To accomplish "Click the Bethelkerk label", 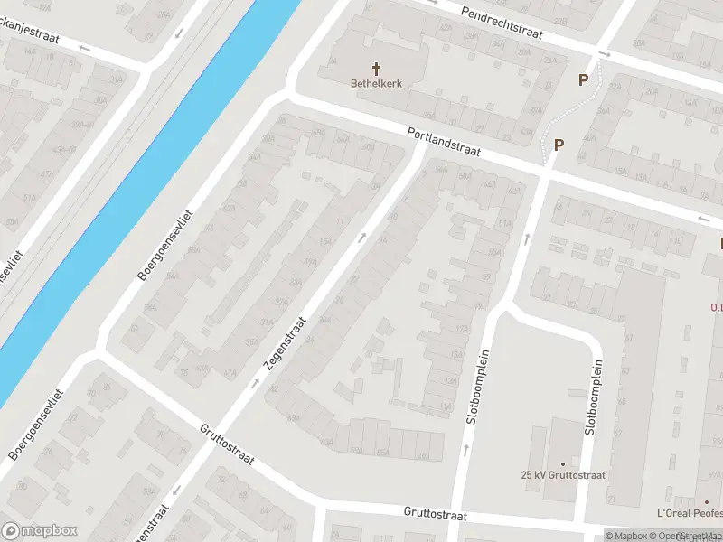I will (x=376, y=84).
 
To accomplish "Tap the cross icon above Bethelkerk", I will (x=376, y=68).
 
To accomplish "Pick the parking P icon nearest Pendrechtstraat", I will (x=583, y=79).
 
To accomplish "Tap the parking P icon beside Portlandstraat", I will (x=559, y=145).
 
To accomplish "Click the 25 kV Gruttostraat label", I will (x=562, y=475).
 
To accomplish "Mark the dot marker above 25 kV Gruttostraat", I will (x=562, y=463).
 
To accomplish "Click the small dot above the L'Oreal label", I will (x=708, y=501).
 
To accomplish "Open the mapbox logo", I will (x=39, y=531).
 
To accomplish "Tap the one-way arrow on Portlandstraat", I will (x=704, y=219).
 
